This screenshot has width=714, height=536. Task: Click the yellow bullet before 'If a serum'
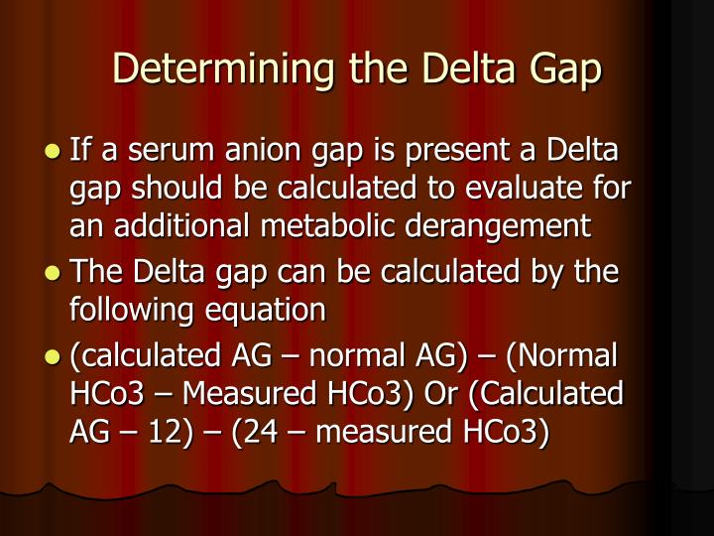point(53,154)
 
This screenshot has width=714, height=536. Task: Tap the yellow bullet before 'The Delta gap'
point(53,272)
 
